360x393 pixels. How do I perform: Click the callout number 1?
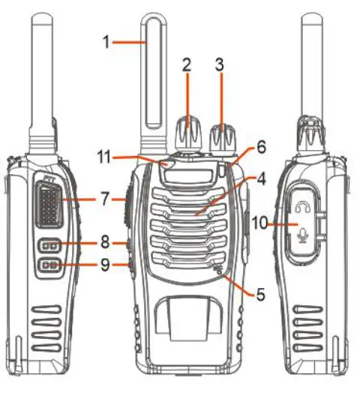[107, 42]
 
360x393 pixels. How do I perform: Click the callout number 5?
[260, 295]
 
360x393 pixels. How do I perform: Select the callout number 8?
[105, 243]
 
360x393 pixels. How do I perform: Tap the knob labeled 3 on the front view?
[222, 136]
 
